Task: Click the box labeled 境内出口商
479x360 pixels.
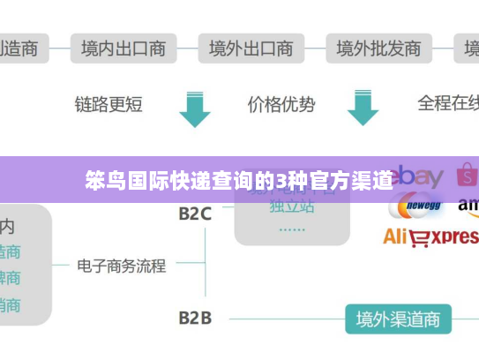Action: tap(123, 48)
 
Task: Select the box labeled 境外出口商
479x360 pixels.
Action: tap(251, 48)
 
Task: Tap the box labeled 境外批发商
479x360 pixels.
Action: tap(379, 48)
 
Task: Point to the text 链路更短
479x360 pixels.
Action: tap(109, 104)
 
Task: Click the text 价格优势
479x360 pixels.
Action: tap(281, 104)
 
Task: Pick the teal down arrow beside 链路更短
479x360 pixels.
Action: tap(195, 108)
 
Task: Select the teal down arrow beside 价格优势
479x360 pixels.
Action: tap(363, 108)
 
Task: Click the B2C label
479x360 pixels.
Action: tap(195, 213)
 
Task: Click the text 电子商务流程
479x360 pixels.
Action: tap(122, 265)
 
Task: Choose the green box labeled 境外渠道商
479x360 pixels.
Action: tap(398, 318)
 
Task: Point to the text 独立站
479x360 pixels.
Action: tap(292, 206)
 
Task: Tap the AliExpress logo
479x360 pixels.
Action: tap(430, 236)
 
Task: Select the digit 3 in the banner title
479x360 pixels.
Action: tap(280, 182)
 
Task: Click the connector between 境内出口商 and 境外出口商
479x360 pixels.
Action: tap(187, 48)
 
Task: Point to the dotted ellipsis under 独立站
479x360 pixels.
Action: tap(292, 228)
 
